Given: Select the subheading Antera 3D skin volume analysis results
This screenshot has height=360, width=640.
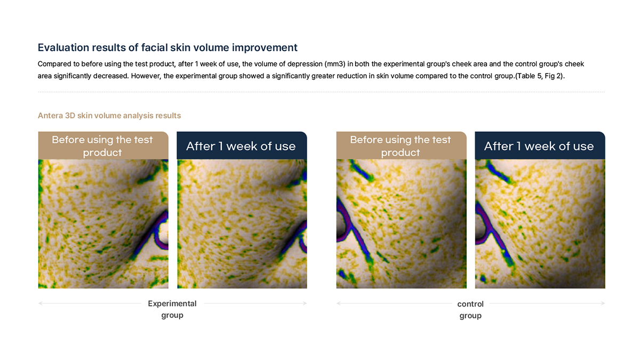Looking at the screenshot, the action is [x=109, y=115].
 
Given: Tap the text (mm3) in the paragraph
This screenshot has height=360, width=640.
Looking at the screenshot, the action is [x=334, y=63].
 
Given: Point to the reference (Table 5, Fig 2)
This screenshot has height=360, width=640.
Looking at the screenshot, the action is [x=539, y=76].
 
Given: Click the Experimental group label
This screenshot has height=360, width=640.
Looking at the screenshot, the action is [x=172, y=309].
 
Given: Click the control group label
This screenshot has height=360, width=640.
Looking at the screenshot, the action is [x=470, y=310].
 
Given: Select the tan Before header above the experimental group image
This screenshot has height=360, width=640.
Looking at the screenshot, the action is [x=103, y=146].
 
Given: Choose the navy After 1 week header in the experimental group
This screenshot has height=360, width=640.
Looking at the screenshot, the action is [x=242, y=146].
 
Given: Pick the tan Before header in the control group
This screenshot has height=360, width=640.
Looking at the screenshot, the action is [x=401, y=146].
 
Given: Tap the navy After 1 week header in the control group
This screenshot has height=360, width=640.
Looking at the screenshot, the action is [x=540, y=146].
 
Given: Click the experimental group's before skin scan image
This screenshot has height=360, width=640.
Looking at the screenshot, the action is [x=103, y=223].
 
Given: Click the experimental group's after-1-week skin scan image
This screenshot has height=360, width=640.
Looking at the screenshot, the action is [x=242, y=223].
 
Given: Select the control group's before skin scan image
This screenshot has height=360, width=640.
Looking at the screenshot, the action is [x=401, y=223].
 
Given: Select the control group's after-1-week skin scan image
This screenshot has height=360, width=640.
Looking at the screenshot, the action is [x=540, y=223].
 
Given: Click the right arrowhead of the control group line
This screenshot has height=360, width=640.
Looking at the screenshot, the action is [x=603, y=303].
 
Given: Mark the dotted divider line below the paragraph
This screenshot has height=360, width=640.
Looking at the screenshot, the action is [x=322, y=92].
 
